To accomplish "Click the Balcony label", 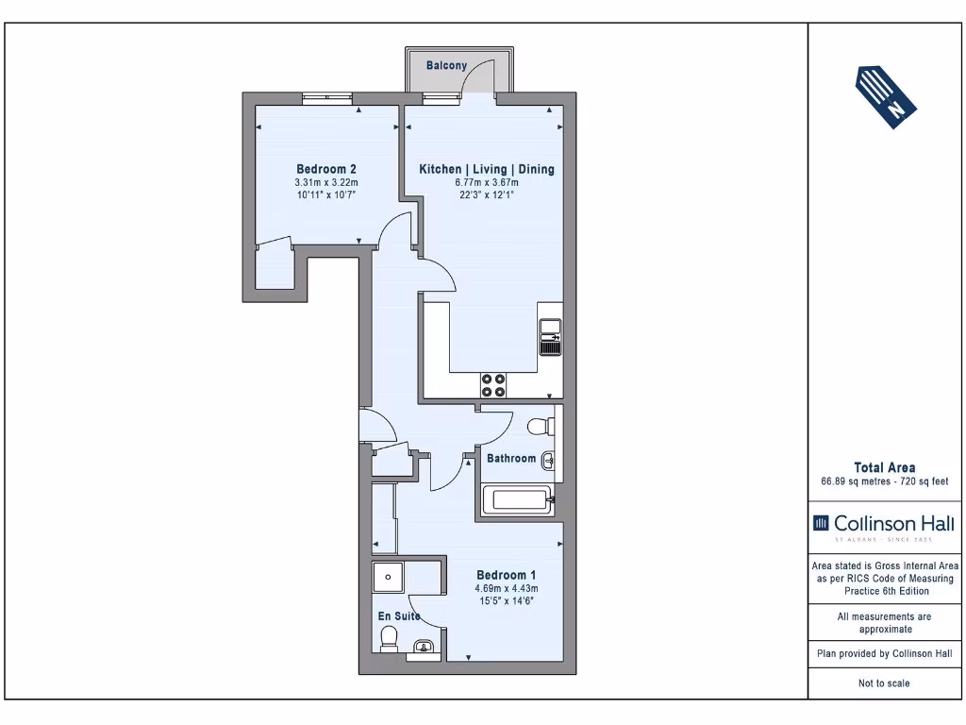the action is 446,65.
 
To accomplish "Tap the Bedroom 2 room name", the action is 325,169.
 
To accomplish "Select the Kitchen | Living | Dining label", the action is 487,169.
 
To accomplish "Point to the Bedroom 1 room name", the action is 507,575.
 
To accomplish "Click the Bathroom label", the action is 511,458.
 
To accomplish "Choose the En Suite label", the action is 399,615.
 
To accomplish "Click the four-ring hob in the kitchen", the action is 493,385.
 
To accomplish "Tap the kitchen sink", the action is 550,337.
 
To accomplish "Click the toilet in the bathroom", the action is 541,427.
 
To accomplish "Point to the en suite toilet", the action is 390,639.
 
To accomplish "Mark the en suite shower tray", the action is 388,578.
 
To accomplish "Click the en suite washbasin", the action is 424,647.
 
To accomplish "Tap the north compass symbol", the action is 886,97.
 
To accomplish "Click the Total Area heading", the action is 885,468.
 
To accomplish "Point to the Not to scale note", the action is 884,683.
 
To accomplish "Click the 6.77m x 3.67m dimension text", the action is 487,182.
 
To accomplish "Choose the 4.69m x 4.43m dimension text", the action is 507,589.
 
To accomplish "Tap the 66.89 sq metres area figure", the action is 856,481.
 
